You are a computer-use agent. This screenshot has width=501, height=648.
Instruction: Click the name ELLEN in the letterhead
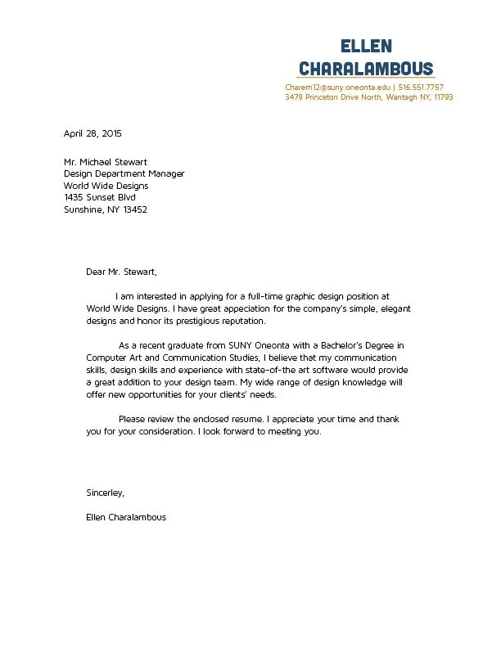click(x=366, y=47)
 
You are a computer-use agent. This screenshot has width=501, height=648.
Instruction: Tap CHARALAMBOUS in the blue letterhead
click(x=366, y=68)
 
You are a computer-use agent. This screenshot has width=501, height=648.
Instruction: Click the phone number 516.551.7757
click(x=421, y=87)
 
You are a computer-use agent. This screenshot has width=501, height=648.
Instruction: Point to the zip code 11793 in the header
click(x=443, y=97)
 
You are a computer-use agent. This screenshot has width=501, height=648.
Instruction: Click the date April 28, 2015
click(x=93, y=133)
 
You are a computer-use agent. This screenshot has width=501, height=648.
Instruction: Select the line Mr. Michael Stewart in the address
click(x=106, y=162)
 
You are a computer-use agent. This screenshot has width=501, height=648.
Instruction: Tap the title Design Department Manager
click(x=124, y=173)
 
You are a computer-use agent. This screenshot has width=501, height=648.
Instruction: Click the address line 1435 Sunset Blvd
click(x=100, y=197)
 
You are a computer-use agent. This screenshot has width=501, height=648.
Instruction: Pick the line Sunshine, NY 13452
click(x=106, y=209)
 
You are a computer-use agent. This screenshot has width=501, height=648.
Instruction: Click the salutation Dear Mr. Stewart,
click(x=121, y=272)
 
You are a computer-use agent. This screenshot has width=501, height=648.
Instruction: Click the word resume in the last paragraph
click(x=246, y=419)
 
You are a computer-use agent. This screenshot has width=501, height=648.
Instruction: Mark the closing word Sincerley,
click(x=105, y=493)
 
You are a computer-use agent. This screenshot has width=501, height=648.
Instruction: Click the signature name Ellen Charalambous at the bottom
click(x=126, y=517)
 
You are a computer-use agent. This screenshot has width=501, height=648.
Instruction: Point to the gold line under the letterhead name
click(x=366, y=79)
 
